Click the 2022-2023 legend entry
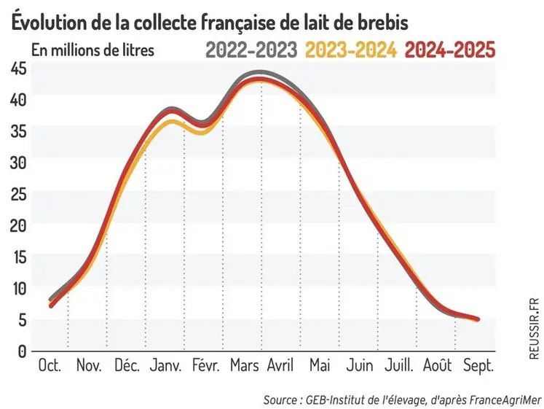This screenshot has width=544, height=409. point(251,50)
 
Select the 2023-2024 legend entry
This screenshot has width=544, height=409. point(351,50)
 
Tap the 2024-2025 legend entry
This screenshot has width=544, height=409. point(449,50)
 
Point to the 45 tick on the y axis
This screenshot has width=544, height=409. point(19,68)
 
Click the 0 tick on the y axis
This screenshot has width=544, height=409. point(23,351)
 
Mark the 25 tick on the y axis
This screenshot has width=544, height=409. point(19,194)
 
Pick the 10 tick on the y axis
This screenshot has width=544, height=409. point(19,288)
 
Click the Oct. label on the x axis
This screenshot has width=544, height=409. point(50,365)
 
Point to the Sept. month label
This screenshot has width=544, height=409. point(479,365)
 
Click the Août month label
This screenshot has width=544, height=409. point(438,365)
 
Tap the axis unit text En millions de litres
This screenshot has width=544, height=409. point(92,52)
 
